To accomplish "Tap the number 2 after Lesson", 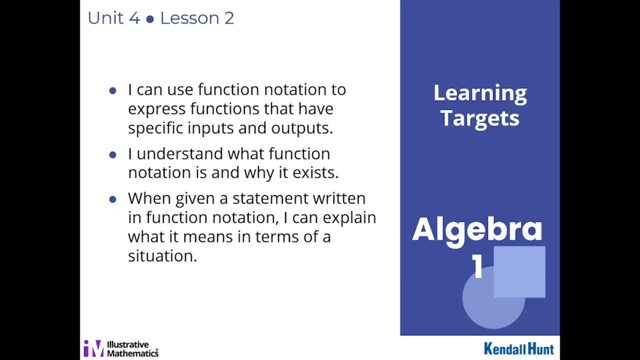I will click(x=229, y=18).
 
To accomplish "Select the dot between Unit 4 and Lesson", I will click(x=150, y=19).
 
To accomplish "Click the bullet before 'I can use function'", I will click(x=112, y=90).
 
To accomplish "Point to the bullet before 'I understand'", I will click(x=112, y=154).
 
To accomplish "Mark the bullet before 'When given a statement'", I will click(x=112, y=199).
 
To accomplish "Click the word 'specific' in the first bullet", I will click(x=155, y=128).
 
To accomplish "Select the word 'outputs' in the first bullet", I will click(x=301, y=128).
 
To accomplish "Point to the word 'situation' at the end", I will click(x=162, y=256).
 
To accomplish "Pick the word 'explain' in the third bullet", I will click(x=349, y=218).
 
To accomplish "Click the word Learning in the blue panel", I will click(x=480, y=93).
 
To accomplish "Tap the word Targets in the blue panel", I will click(x=480, y=118).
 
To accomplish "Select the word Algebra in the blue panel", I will click(x=477, y=229).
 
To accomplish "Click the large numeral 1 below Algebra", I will click(x=478, y=266).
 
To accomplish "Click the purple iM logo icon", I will click(x=93, y=348).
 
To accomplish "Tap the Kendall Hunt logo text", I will click(x=519, y=348).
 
